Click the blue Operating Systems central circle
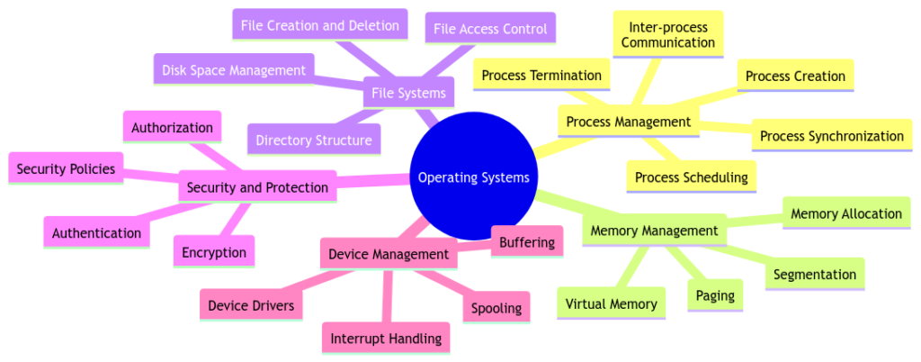point(474,177)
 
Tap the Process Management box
point(629,122)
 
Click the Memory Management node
point(654,231)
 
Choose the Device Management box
point(388,254)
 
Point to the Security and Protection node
point(257,187)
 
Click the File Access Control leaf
point(490,29)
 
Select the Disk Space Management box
point(234,68)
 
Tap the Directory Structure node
point(313,140)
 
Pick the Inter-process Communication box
point(668,34)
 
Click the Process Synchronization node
point(831,136)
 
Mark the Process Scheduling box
point(691,177)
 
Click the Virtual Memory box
point(612,303)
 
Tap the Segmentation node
point(815,274)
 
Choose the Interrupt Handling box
point(386,339)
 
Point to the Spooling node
point(496,308)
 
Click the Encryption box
point(214,252)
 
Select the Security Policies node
point(66,168)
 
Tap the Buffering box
point(527,241)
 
